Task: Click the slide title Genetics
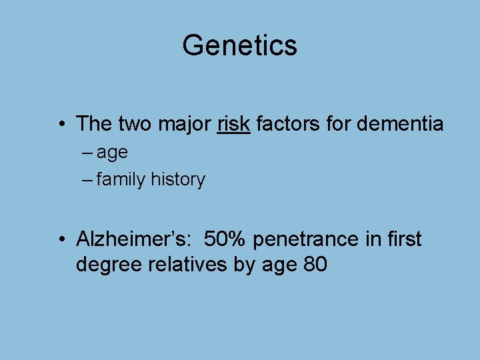pos(239,45)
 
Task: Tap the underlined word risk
pos(233,123)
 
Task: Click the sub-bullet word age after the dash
pos(112,153)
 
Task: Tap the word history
pos(178,179)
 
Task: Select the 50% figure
pos(226,238)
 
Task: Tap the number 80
pos(315,265)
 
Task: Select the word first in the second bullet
pos(403,238)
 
